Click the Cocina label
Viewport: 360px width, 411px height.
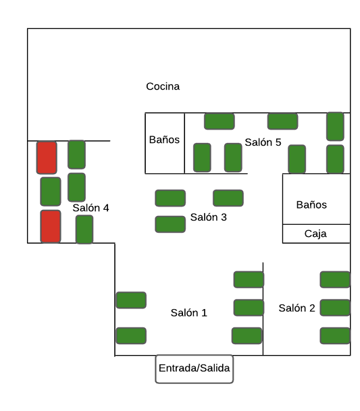pyautogui.click(x=163, y=86)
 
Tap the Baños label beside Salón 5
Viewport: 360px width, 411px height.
pyautogui.click(x=164, y=140)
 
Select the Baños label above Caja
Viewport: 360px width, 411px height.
pyautogui.click(x=311, y=204)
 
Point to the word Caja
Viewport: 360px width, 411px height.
pyautogui.click(x=315, y=234)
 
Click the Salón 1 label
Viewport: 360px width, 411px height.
pyautogui.click(x=188, y=312)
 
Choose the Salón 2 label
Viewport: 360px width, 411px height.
pyautogui.click(x=297, y=308)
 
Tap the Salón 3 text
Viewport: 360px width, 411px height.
pyautogui.click(x=208, y=217)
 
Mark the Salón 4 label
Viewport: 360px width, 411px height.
pyautogui.click(x=91, y=208)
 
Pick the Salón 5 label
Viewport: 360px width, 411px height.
pyautogui.click(x=263, y=142)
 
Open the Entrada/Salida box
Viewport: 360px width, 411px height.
pyautogui.click(x=194, y=369)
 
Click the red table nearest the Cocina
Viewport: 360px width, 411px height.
pyautogui.click(x=47, y=157)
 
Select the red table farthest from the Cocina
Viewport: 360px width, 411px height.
pyautogui.click(x=51, y=227)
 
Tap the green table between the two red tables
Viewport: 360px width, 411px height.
pyautogui.click(x=51, y=192)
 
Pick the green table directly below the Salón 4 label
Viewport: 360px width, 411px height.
pyautogui.click(x=84, y=229)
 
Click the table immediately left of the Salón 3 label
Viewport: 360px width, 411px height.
pyautogui.click(x=170, y=224)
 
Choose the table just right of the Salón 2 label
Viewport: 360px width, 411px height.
pyautogui.click(x=335, y=308)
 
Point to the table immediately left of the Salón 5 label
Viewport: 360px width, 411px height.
pyautogui.click(x=233, y=157)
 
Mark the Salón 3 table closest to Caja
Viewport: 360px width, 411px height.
pyautogui.click(x=228, y=198)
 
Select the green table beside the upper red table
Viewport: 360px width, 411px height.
pyautogui.click(x=76, y=155)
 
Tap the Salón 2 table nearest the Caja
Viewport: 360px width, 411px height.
pyautogui.click(x=335, y=279)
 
